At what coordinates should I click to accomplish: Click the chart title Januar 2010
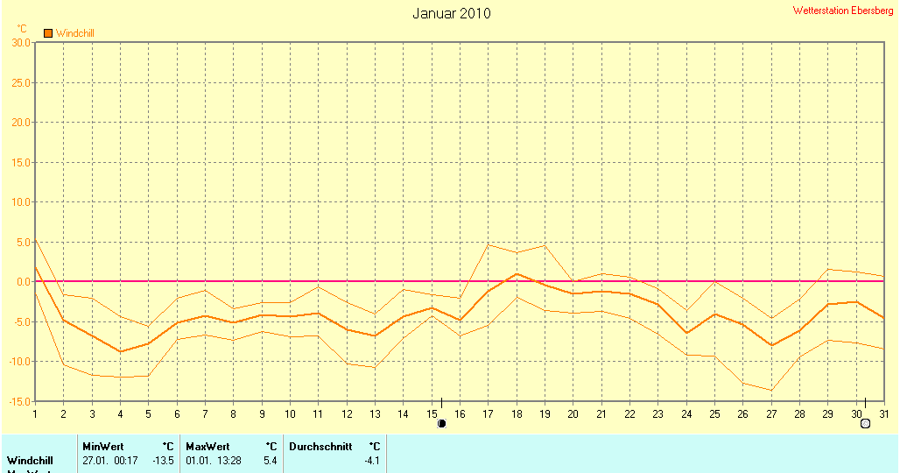[451, 14]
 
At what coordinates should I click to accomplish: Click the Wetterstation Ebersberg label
[843, 11]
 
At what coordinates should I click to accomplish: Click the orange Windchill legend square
[48, 33]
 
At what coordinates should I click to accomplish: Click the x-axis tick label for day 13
[375, 414]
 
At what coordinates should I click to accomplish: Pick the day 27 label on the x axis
[771, 414]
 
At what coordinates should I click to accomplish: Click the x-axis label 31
[884, 414]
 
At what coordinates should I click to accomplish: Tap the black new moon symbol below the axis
[441, 424]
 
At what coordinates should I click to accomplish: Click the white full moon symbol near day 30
[866, 424]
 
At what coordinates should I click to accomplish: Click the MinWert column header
[102, 447]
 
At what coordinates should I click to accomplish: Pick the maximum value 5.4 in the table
[270, 461]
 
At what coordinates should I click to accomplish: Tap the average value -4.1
[372, 461]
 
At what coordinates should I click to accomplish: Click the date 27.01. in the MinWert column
[95, 461]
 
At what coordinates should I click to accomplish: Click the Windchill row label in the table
[31, 461]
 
